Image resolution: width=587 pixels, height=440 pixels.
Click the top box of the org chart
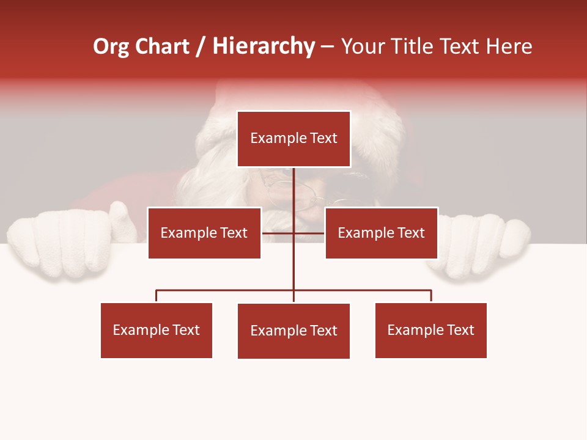(x=293, y=139)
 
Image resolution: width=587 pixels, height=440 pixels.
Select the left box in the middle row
(x=204, y=233)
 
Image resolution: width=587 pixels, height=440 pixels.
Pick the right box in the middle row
(x=382, y=233)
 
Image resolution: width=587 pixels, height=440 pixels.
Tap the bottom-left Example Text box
(x=157, y=330)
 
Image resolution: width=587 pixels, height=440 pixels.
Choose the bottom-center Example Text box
(x=293, y=331)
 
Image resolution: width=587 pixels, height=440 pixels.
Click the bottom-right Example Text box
(x=431, y=330)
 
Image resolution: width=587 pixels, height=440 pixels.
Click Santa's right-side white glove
(x=483, y=244)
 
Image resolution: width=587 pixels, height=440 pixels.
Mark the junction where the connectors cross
(x=293, y=233)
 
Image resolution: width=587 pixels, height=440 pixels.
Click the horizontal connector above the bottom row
(x=226, y=290)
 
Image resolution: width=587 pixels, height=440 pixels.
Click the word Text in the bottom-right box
(x=460, y=330)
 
